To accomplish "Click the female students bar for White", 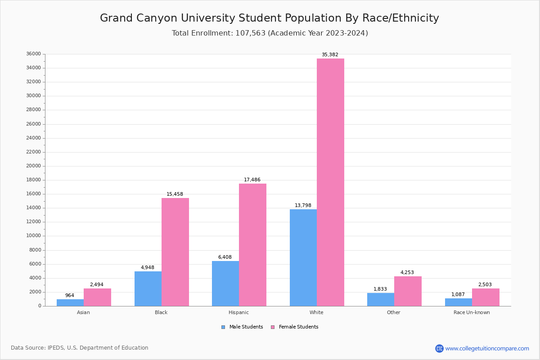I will point(330,182).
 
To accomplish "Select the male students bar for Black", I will point(148,288).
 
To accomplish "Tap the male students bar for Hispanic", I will point(225,283).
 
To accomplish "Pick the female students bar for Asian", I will point(97,297).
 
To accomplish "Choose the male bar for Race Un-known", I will point(459,302).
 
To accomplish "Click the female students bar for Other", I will point(408,291).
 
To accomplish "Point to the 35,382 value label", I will point(330,55).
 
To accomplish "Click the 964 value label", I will point(70,296).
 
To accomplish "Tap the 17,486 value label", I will point(252,180).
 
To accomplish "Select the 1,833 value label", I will point(380,289).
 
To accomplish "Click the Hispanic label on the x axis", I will point(238,312).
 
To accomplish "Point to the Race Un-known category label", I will point(472,312).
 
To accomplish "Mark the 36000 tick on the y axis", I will point(34,54).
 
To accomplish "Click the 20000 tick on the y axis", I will point(34,166).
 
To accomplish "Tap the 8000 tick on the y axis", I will point(35,250).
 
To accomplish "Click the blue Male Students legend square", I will point(223,327).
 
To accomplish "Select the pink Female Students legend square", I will point(273,327).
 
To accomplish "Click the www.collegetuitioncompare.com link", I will point(487,348).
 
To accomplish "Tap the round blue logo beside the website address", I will point(439,348).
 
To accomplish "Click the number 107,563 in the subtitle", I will point(250,33).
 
